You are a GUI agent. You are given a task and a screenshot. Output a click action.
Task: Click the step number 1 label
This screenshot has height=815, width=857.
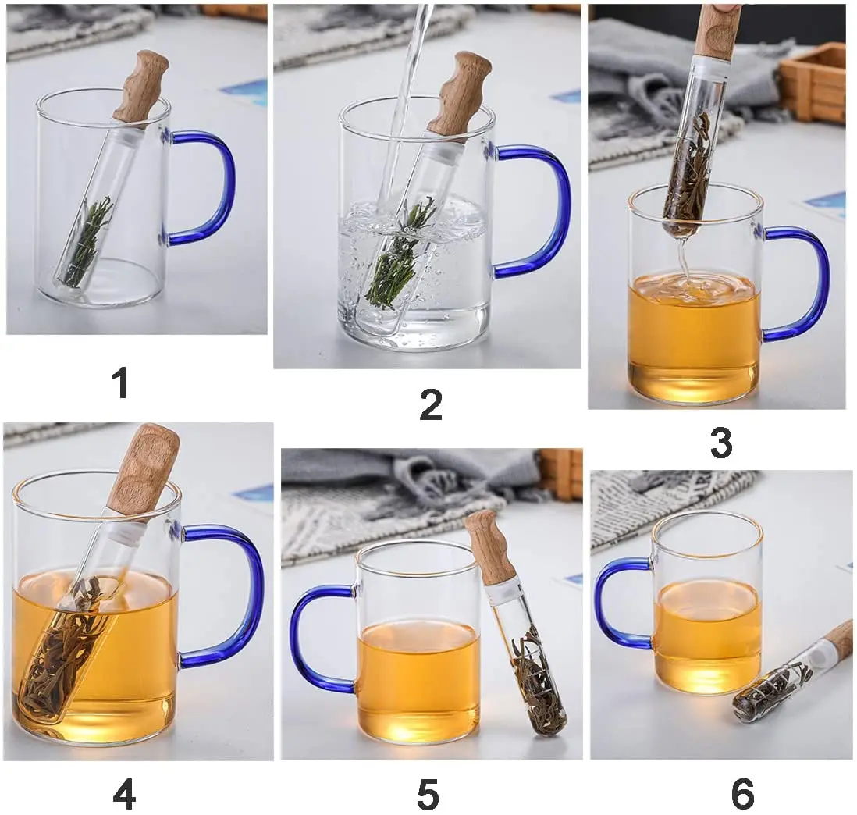coord(119,384)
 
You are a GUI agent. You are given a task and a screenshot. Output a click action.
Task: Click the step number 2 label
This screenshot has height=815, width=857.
coord(430,404)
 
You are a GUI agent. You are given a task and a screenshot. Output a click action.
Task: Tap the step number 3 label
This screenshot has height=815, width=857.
coord(720,443)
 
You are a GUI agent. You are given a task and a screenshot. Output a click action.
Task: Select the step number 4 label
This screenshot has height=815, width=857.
coord(124,795)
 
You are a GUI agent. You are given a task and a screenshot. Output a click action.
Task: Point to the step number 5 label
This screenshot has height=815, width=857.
coord(427,795)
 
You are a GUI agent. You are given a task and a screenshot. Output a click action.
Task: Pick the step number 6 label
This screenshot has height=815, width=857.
coord(742,795)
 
